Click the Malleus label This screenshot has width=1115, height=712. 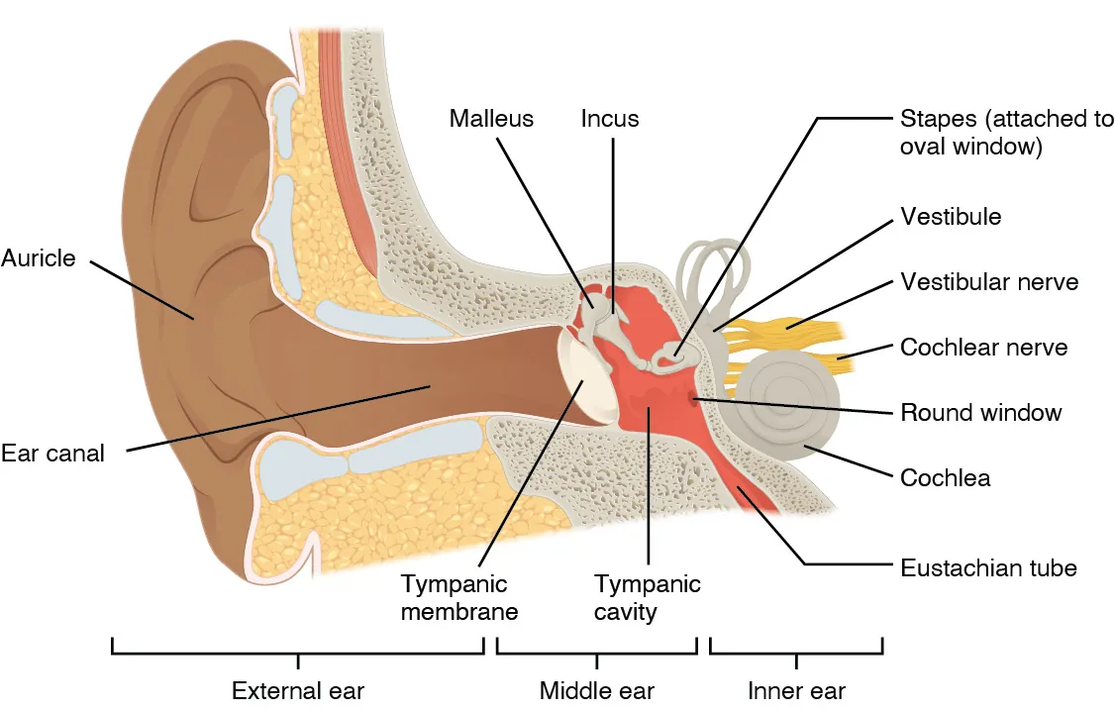pos(491,119)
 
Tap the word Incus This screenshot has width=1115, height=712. pos(610,119)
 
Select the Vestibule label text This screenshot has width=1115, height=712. pos(951,217)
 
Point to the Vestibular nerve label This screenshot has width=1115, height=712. pos(989,282)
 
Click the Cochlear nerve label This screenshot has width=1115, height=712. pos(984,348)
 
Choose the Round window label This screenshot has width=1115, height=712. pos(980,412)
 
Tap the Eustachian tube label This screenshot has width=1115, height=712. pos(988,568)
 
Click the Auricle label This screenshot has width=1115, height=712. pos(39,258)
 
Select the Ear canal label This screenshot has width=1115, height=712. pos(52,454)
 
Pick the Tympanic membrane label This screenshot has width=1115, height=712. pos(459,597)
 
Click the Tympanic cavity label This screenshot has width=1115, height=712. pos(648,597)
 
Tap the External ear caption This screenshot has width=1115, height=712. pos(298,690)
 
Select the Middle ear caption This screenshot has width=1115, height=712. pos(597,690)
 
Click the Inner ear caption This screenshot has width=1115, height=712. pos(796,690)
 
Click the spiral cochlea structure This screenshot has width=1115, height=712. pos(786,406)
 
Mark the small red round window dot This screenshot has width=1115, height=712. pos(694,399)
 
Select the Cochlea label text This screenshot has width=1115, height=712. pos(945,478)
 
